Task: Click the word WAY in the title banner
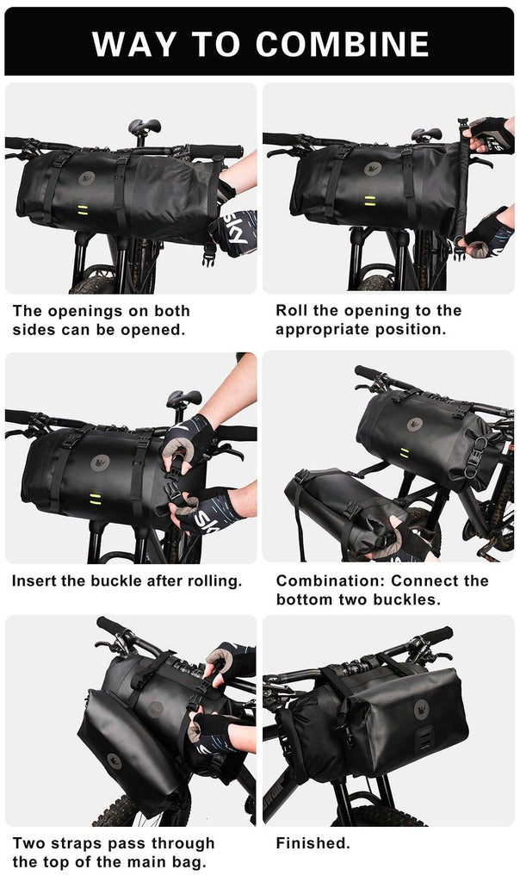(136, 43)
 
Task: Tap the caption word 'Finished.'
(313, 843)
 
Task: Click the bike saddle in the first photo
(145, 127)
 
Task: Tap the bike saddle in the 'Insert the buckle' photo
(183, 398)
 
